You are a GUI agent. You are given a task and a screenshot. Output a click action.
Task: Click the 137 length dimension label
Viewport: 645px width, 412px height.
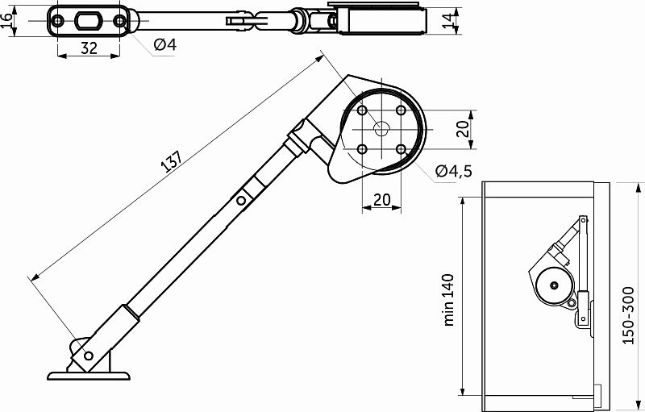(169, 162)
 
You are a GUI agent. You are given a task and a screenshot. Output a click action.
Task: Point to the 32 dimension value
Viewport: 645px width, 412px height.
(89, 48)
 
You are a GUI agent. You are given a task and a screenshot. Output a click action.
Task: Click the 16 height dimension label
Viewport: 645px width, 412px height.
(9, 21)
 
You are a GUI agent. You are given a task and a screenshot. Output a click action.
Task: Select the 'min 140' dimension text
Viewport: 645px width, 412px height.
(449, 298)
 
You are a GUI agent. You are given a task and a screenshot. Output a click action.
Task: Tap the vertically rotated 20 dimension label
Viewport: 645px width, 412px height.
(462, 129)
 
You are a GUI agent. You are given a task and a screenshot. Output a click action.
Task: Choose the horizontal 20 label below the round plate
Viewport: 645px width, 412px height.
(382, 199)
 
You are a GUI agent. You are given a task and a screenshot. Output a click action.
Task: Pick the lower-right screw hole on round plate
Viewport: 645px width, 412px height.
(402, 149)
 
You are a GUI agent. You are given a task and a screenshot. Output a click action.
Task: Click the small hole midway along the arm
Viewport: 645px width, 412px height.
(239, 201)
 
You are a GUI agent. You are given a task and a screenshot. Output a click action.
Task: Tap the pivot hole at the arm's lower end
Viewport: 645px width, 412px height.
(88, 355)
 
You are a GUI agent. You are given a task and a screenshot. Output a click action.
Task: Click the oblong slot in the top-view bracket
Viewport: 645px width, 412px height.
(89, 20)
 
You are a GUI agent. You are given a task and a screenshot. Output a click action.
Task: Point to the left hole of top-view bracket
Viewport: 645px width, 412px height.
(58, 20)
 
